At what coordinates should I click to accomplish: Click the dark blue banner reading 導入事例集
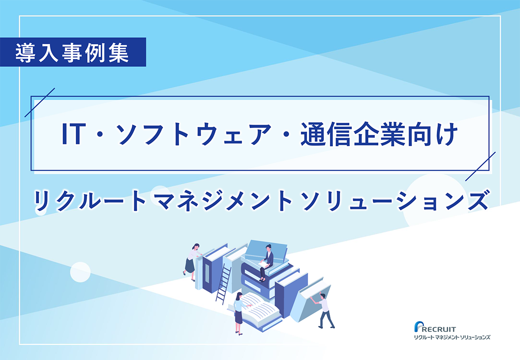tap(73, 52)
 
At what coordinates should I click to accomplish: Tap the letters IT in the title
tap(72, 134)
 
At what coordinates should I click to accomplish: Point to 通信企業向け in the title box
tap(379, 134)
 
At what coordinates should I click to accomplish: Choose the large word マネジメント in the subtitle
tap(222, 200)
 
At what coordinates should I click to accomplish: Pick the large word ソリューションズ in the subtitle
tap(395, 200)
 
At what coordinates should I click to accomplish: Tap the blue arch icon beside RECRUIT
tap(418, 327)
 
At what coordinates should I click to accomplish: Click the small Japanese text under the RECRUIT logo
tap(452, 337)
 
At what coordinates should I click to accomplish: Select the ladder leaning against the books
tap(223, 284)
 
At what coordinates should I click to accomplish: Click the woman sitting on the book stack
tap(267, 262)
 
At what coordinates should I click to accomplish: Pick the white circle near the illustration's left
tap(80, 272)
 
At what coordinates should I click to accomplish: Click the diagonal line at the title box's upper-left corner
tap(40, 102)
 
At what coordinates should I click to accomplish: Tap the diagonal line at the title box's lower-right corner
tap(480, 167)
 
